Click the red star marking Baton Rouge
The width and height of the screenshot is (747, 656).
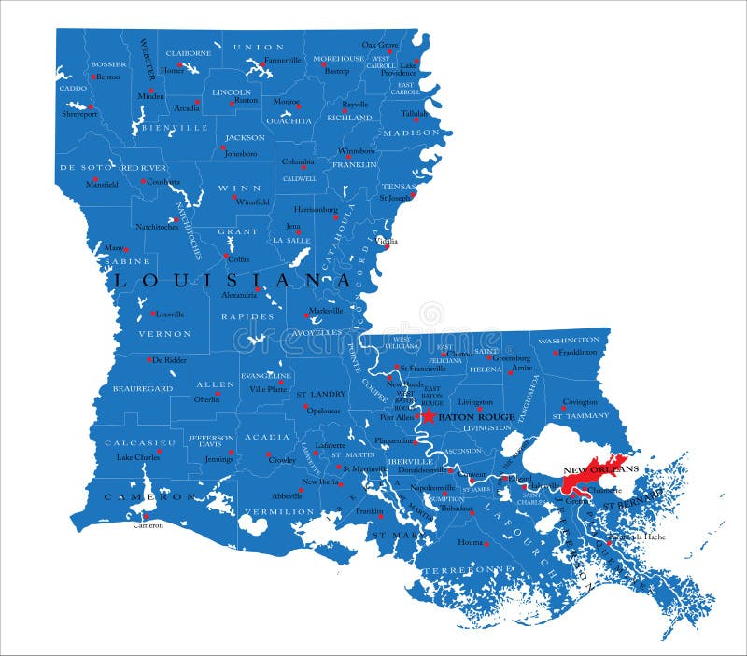coord(429,416)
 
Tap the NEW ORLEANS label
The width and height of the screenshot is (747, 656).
coord(600,468)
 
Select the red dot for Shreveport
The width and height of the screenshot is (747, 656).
coord(80,105)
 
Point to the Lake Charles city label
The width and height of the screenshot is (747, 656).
coord(137,457)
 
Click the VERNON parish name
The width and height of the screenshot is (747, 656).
coord(165,333)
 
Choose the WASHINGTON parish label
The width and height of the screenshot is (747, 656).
coord(569,340)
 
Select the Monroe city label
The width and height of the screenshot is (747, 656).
coord(286,101)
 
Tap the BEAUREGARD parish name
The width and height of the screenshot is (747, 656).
coord(142,387)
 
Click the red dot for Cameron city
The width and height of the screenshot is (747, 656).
coord(146,515)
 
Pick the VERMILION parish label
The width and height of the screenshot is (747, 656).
coord(279,511)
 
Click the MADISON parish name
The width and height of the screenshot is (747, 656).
coord(410,133)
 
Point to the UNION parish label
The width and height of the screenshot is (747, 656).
coord(259,47)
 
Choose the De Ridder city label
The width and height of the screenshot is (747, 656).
coord(170,359)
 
